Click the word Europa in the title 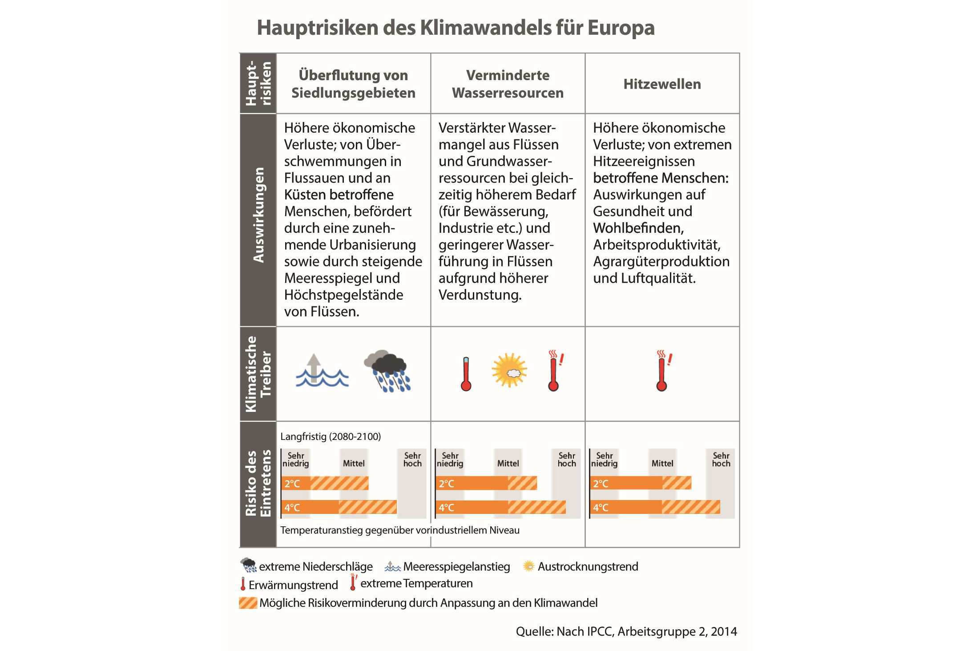[x=621, y=28]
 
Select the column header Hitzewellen [x=662, y=84]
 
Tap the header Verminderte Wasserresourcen [x=508, y=84]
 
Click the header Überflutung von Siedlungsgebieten [x=353, y=84]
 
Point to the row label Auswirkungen [x=258, y=215]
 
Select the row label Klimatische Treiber [x=258, y=374]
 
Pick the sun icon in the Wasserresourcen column [x=509, y=370]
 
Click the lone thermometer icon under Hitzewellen [x=663, y=370]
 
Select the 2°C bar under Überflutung [x=325, y=483]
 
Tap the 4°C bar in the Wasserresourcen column [x=500, y=507]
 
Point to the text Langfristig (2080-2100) [x=331, y=436]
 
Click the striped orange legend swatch [x=248, y=603]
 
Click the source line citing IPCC [x=626, y=631]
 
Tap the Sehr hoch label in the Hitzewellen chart [x=721, y=460]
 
